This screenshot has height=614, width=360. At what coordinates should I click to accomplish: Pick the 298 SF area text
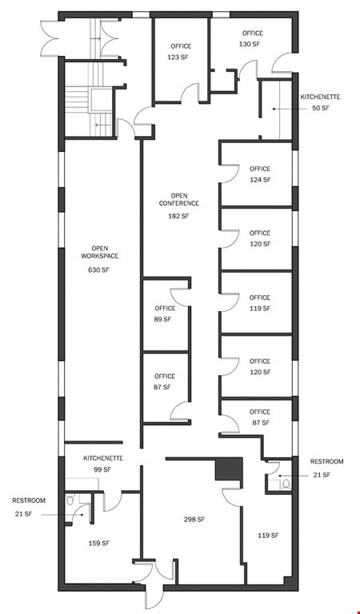click(194, 520)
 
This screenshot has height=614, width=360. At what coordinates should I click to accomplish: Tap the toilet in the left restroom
click(70, 500)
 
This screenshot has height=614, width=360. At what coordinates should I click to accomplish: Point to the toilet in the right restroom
click(286, 484)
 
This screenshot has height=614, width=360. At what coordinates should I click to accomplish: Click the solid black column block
click(229, 469)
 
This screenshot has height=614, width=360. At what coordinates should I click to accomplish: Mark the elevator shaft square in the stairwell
click(101, 99)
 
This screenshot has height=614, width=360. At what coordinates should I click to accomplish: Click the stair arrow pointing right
click(95, 38)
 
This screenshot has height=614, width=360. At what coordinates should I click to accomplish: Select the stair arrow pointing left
click(102, 125)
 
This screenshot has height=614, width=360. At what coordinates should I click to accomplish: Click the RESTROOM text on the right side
click(326, 461)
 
